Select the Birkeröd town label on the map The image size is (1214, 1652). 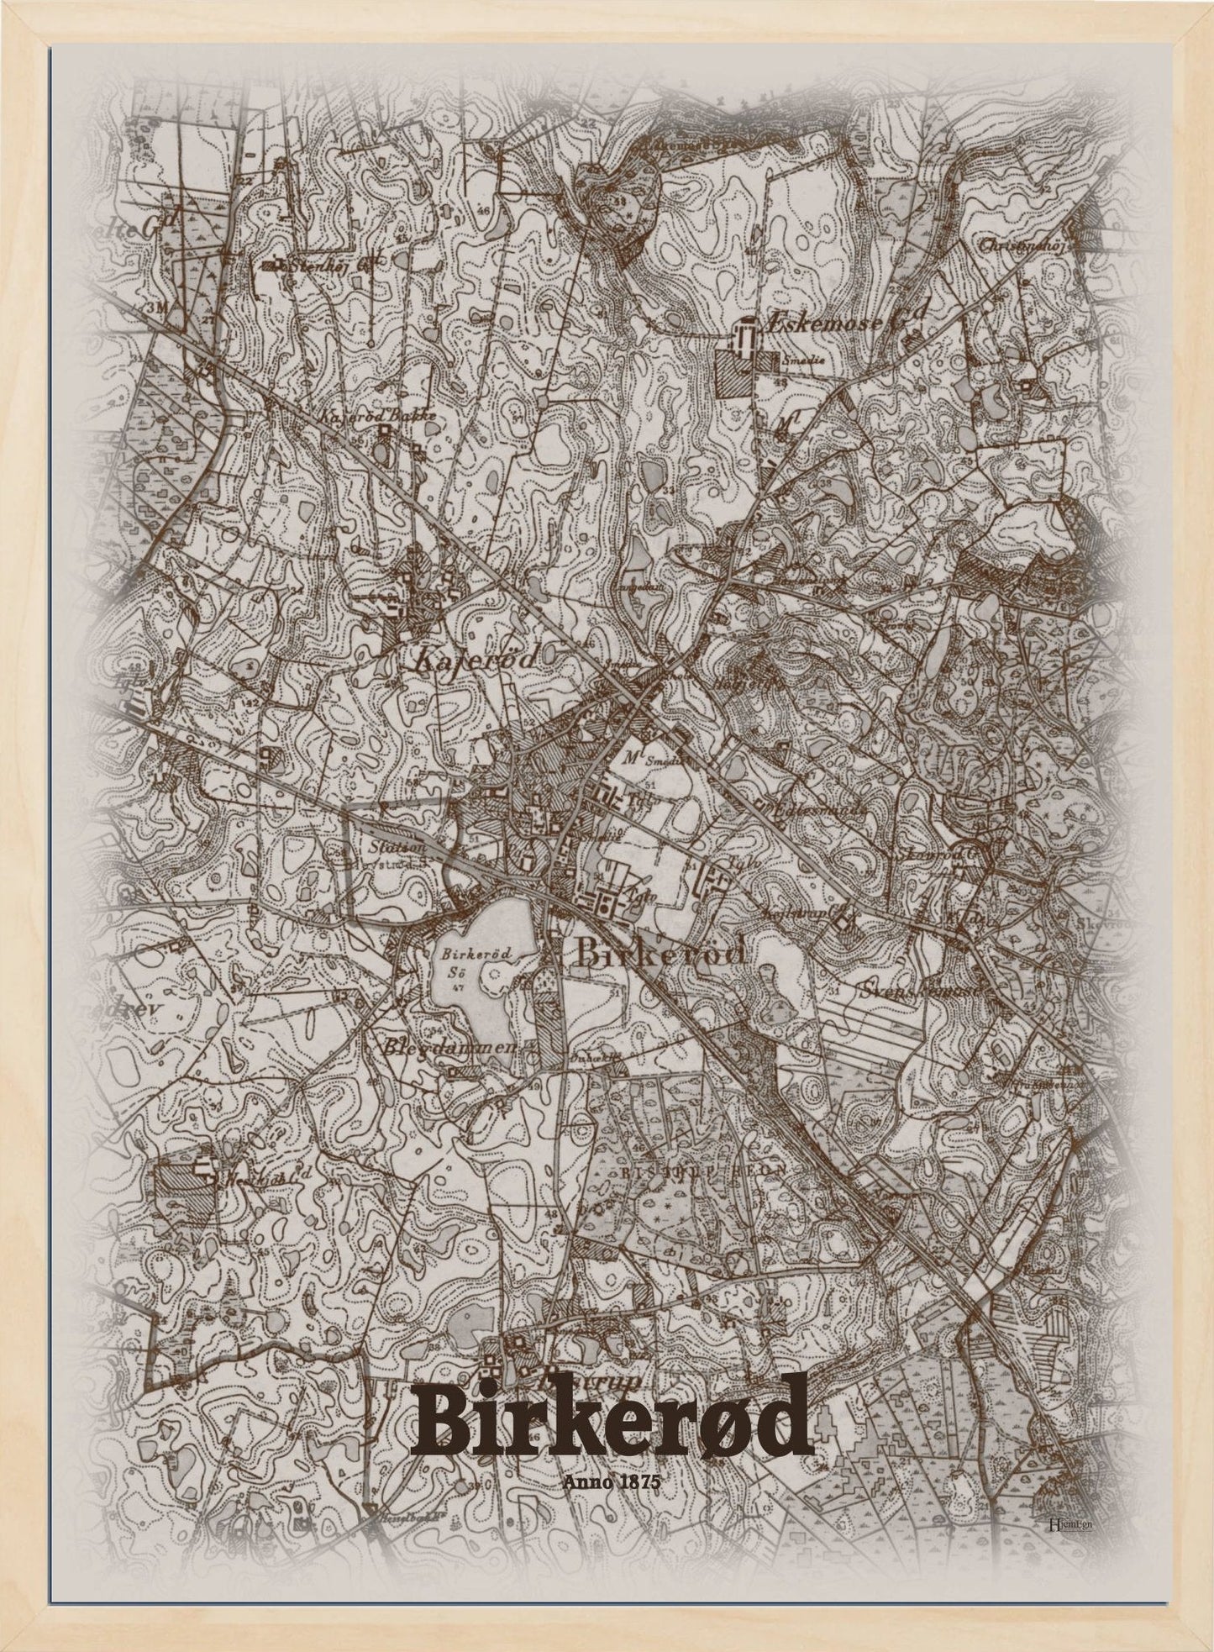click(661, 954)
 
